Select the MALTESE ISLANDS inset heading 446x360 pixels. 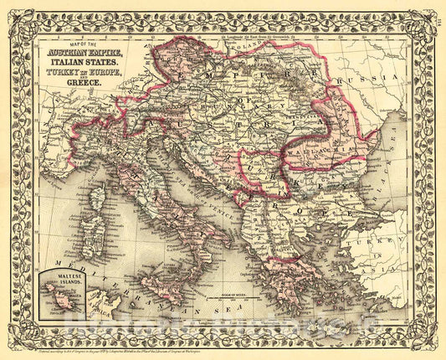(60, 279)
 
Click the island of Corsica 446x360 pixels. (97, 198)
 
